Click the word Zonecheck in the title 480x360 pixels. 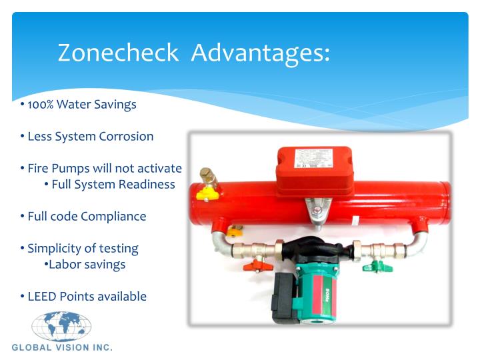point(118,53)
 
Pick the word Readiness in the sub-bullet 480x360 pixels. point(147,184)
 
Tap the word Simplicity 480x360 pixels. point(56,248)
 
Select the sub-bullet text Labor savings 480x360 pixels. point(87,264)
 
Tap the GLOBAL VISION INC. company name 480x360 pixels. point(62,348)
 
